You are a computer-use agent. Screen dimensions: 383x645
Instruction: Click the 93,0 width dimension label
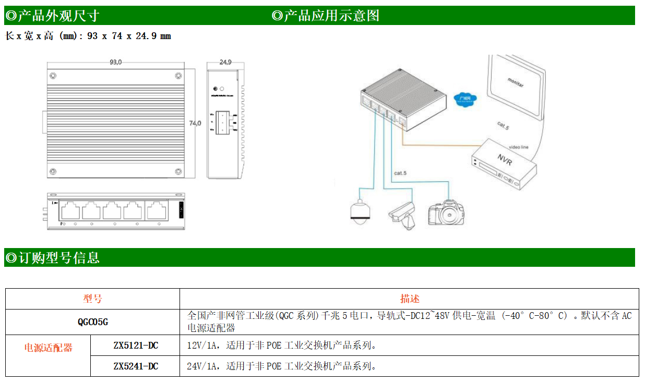115,62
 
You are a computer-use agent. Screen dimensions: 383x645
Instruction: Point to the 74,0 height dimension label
195,123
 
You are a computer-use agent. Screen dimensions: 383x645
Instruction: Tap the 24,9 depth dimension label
225,62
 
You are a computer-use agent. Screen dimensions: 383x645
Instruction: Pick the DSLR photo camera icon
446,213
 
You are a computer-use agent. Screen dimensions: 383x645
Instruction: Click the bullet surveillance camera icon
402,214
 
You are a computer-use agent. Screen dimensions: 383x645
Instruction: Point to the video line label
518,147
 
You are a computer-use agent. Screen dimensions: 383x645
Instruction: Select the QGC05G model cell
92,322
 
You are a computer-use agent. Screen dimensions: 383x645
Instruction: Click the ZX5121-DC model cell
135,345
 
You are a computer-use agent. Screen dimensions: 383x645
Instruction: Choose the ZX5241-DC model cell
135,366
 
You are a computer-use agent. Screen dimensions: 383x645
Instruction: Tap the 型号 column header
92,299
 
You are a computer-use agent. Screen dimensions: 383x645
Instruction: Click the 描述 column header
409,299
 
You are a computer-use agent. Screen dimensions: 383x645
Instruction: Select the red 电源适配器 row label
48,348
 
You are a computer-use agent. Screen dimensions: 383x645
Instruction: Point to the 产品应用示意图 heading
326,16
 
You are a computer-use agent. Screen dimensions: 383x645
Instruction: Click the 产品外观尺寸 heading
52,16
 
